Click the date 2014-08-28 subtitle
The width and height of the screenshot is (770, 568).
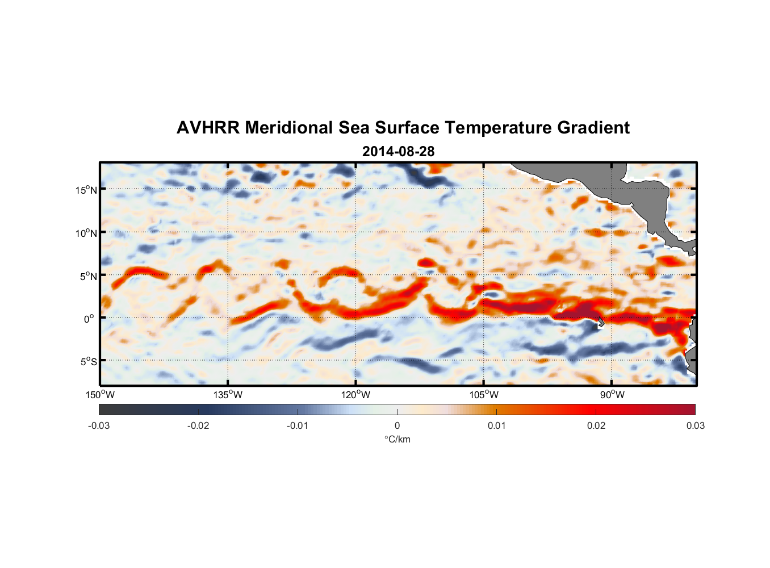tap(398, 152)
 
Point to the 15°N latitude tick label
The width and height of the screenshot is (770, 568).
tap(86, 190)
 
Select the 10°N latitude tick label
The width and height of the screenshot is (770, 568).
tap(86, 233)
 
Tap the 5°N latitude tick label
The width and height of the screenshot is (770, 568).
tap(89, 276)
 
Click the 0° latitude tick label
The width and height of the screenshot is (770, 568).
tap(89, 319)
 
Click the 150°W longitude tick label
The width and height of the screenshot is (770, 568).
tap(101, 395)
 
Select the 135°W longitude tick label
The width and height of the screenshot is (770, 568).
tap(228, 395)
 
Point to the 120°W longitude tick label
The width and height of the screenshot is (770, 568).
tap(356, 395)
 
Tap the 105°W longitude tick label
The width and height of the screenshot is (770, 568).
tap(484, 395)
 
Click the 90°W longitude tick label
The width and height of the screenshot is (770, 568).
tap(612, 395)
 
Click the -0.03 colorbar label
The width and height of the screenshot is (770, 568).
tap(99, 425)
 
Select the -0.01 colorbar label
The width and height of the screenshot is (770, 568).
tap(298, 425)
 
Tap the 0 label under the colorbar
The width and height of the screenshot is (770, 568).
tap(397, 425)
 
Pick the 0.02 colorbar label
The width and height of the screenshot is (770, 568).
tap(596, 425)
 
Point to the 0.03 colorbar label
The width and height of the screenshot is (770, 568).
tap(695, 425)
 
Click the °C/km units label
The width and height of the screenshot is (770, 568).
tap(397, 439)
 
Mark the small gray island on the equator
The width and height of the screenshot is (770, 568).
tap(600, 321)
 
